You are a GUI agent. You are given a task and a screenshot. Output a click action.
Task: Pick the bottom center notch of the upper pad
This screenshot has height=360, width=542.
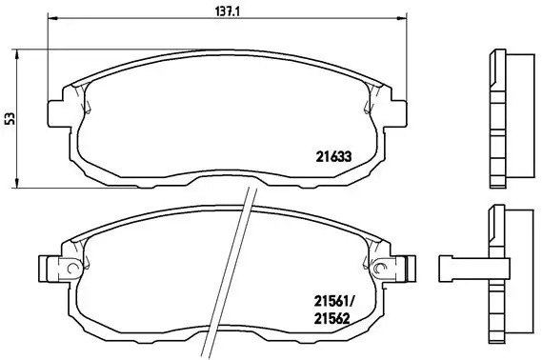(x=227, y=179)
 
